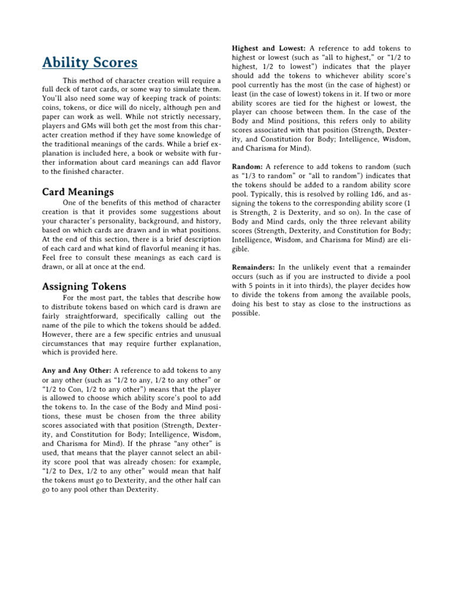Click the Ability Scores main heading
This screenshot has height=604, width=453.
point(90,63)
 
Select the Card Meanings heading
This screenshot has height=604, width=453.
point(78,192)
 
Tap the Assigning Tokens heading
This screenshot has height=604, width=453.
point(83,287)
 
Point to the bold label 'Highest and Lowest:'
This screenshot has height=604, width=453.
point(268,48)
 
